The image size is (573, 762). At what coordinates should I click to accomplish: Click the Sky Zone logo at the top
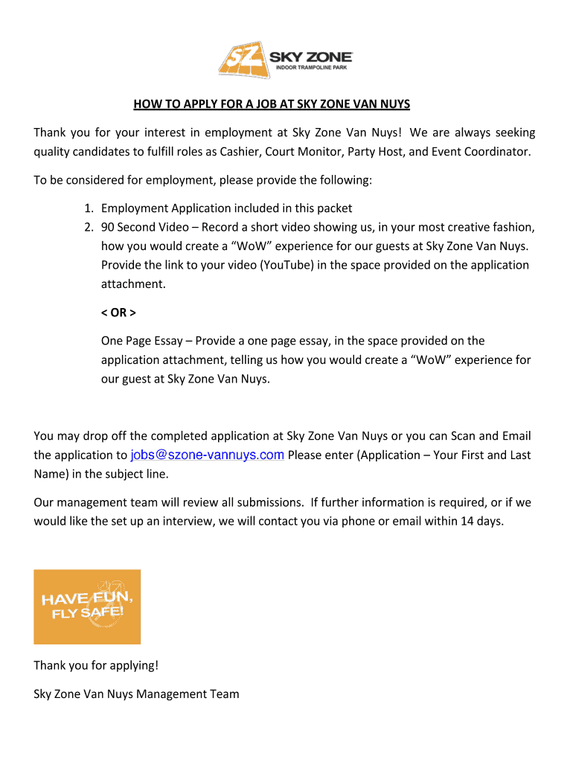click(x=285, y=60)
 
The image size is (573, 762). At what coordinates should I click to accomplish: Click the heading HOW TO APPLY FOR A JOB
click(x=272, y=103)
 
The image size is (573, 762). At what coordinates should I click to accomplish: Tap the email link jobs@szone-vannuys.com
click(x=207, y=455)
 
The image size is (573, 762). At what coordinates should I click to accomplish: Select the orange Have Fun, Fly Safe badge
click(x=87, y=606)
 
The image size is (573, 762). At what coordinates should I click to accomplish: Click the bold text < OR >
click(x=119, y=312)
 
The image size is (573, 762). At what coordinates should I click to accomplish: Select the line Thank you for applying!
click(x=96, y=665)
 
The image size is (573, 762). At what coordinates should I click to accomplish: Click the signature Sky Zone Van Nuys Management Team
click(x=137, y=694)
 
